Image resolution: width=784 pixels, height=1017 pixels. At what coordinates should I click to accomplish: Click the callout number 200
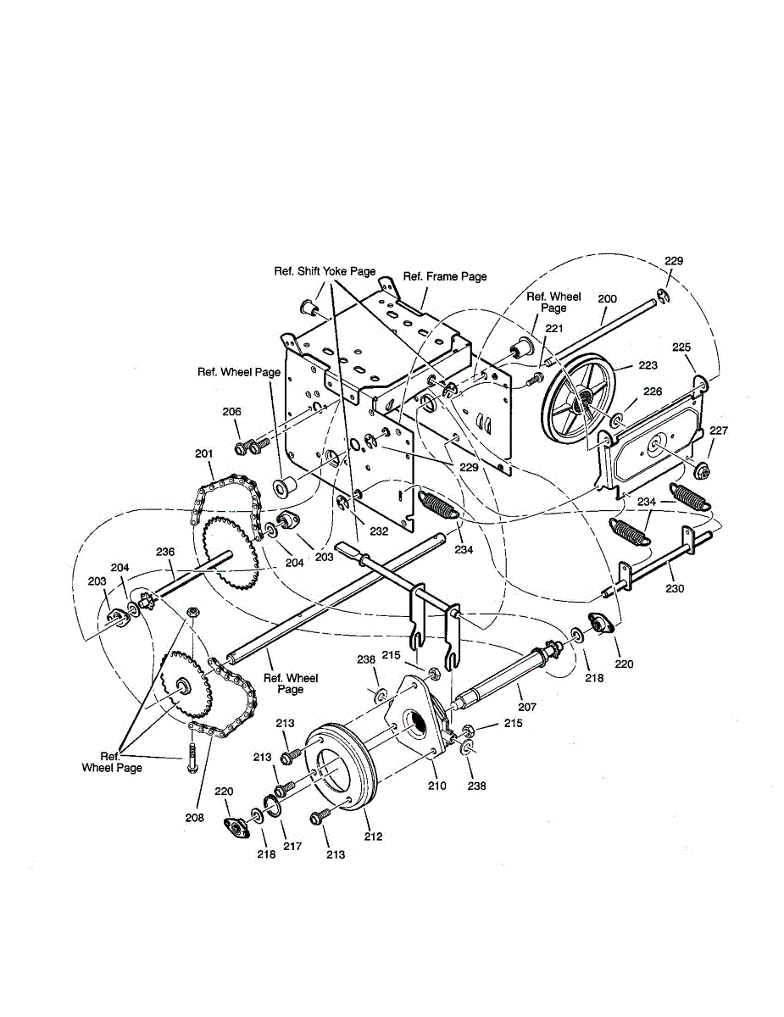tap(607, 298)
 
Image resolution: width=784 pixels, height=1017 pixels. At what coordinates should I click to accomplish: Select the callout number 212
tap(373, 836)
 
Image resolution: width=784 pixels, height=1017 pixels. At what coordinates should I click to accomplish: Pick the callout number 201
tap(203, 453)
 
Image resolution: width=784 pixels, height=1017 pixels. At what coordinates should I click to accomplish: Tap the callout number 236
tap(164, 552)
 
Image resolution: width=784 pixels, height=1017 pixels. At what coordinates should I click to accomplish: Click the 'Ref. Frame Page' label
tap(445, 276)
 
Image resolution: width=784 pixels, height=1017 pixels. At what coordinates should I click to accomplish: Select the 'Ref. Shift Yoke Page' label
tap(324, 271)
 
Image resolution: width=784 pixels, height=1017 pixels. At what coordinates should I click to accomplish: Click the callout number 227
tap(718, 431)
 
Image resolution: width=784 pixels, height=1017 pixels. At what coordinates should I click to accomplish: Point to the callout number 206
tap(231, 412)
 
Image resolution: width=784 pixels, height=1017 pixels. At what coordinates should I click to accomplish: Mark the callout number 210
tap(437, 786)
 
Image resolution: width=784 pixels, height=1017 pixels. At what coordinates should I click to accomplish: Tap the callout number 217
tap(292, 846)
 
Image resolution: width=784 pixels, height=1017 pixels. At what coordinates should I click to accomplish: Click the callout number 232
tap(378, 531)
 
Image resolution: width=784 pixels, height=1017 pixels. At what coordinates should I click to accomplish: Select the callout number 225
tap(681, 347)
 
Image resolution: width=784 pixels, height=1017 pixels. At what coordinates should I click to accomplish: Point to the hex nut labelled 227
tap(701, 470)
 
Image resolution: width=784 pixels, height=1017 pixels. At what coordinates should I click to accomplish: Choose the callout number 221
tap(553, 328)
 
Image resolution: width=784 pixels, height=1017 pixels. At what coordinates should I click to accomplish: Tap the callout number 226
tap(653, 392)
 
